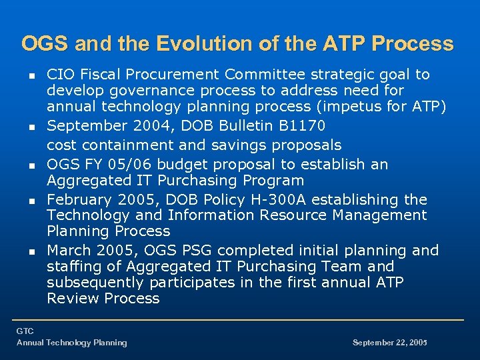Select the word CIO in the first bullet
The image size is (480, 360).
(59, 74)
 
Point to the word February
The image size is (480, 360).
(79, 199)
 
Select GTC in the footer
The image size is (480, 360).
(25, 331)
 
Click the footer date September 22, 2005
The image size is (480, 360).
(389, 343)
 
